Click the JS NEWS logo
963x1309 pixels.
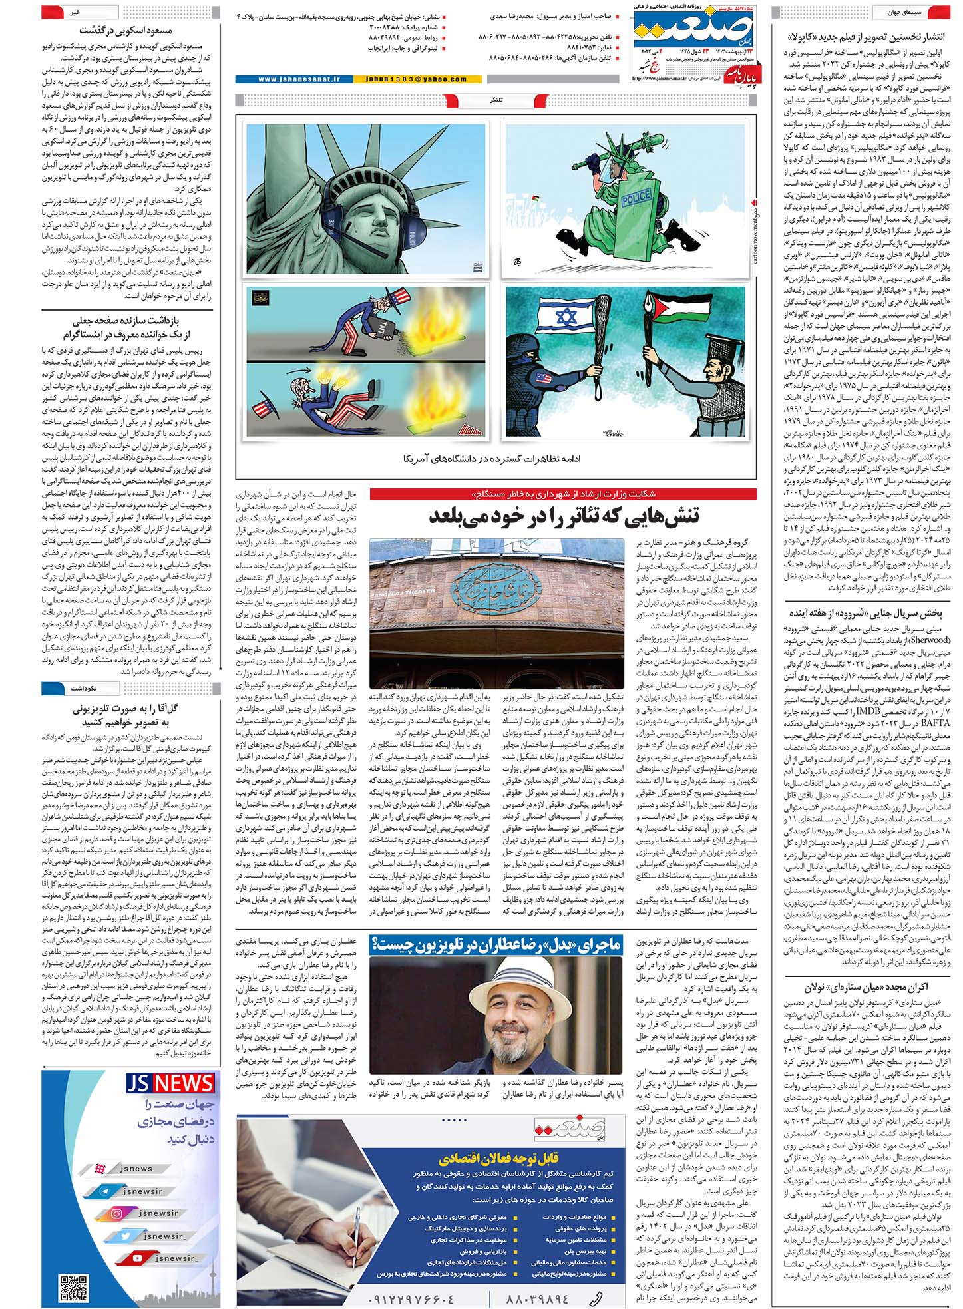coord(170,1083)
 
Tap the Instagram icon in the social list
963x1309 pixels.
coord(116,1213)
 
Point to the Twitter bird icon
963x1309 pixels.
coord(126,1236)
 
